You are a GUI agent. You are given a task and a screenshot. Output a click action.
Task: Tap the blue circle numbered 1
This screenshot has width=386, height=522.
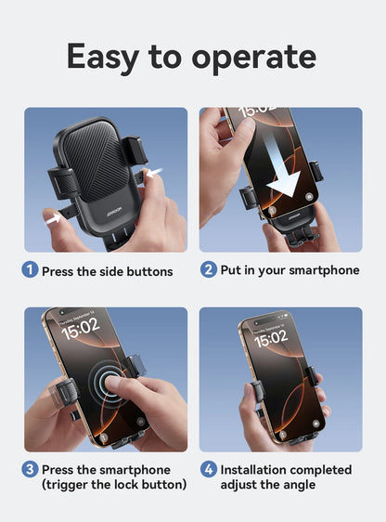(31, 271)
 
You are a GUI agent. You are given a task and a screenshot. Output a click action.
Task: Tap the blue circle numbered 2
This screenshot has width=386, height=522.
(208, 270)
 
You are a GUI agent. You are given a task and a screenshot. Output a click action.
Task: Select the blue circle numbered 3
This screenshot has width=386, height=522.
(31, 470)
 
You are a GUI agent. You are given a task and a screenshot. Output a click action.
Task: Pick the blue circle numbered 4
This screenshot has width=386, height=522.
(208, 470)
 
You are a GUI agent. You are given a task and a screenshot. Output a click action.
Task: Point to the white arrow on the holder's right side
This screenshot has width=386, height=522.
(151, 174)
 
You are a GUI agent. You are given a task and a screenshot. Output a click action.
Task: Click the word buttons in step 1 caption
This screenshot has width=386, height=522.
(149, 272)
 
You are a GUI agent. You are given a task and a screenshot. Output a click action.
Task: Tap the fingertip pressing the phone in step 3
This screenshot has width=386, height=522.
(113, 383)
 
